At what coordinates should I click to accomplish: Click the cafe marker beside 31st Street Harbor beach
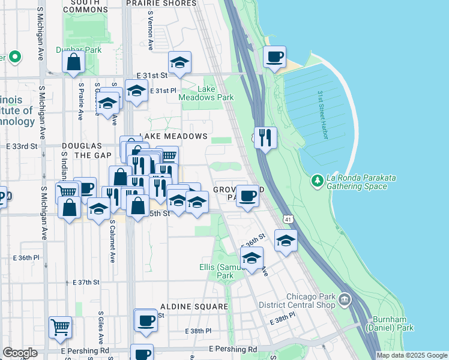(x=275, y=58)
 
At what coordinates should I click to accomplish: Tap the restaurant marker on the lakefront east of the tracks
(x=265, y=137)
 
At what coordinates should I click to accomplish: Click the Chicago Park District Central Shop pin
(x=345, y=299)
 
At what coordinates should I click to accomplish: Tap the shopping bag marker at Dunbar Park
(x=73, y=62)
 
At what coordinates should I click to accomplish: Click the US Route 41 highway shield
(x=289, y=220)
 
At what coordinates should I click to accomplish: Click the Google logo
(x=20, y=353)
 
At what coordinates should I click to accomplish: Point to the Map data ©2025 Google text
(x=412, y=355)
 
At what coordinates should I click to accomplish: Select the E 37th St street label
(x=85, y=282)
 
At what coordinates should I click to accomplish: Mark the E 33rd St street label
(x=22, y=146)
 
